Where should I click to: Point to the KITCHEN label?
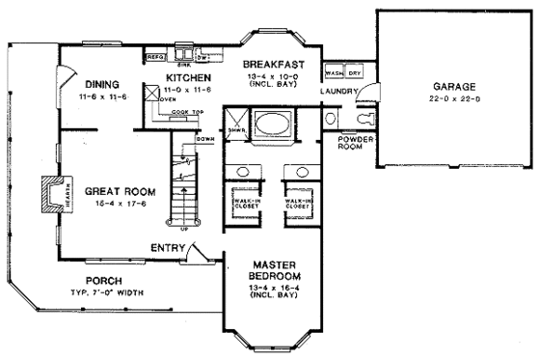(x=189, y=77)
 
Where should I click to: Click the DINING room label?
(x=100, y=82)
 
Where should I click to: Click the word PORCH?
(x=103, y=282)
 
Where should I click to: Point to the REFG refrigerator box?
(x=155, y=58)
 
